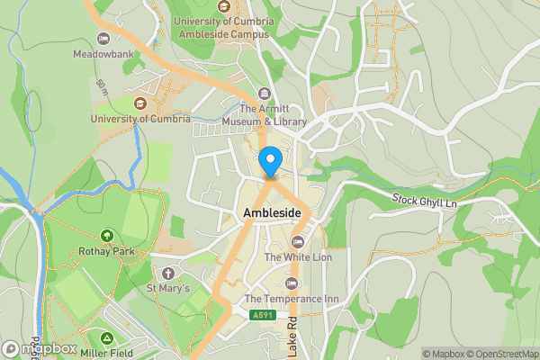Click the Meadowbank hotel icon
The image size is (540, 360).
(x=103, y=38)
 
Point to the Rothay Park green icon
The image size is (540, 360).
(x=106, y=236)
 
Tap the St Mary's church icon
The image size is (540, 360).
(x=167, y=273)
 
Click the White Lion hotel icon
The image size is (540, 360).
(x=298, y=241)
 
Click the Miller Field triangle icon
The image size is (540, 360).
(x=107, y=338)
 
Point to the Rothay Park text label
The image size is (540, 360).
(x=106, y=252)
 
